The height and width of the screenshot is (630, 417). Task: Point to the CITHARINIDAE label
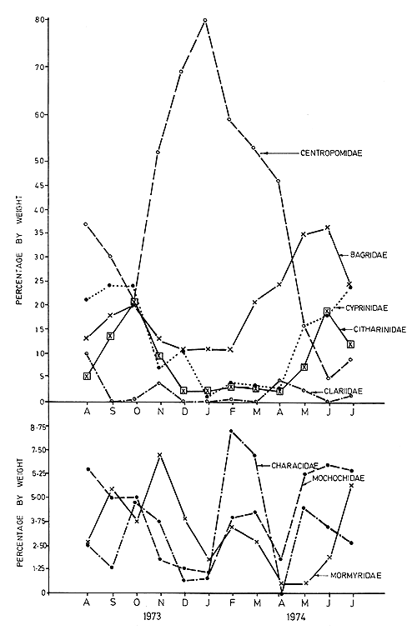point(377,330)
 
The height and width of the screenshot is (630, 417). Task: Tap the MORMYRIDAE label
point(356,576)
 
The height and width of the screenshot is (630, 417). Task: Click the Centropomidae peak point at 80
point(205,19)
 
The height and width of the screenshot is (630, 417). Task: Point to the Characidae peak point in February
point(231,431)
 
